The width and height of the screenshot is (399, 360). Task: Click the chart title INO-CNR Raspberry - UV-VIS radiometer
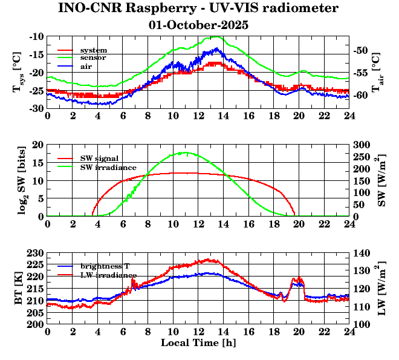coord(198,8)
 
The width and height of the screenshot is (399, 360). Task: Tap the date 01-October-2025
coord(198,25)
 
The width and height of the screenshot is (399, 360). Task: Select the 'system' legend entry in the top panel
coord(93,50)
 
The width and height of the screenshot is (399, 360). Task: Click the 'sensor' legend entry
coord(93,57)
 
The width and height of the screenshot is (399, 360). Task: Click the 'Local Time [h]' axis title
coord(198,343)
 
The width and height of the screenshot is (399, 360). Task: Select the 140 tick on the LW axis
coord(364,252)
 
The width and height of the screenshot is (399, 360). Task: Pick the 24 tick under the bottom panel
coord(349,332)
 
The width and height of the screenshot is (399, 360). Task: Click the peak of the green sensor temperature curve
coord(216,37)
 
